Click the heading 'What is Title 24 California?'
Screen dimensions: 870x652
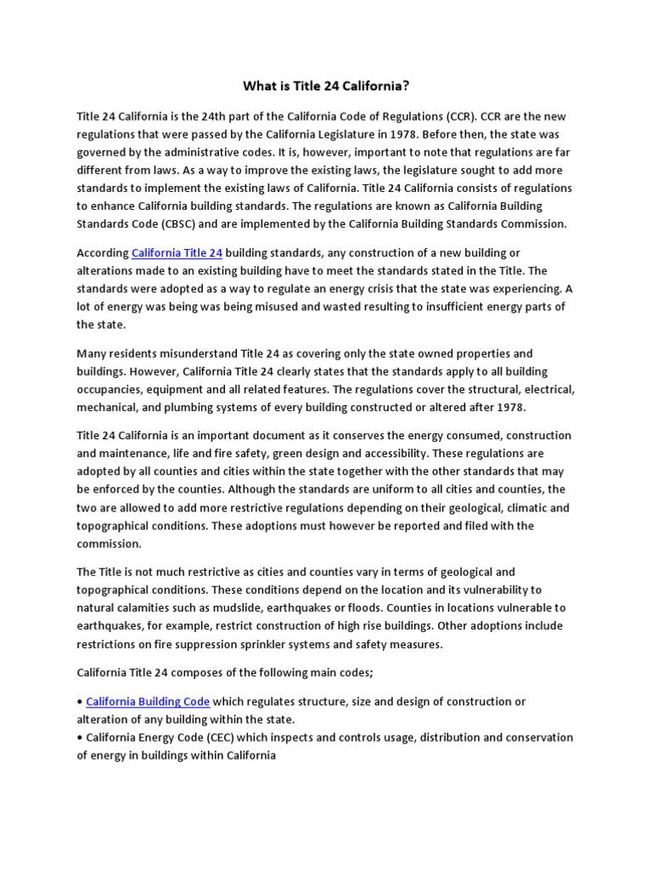[326, 85]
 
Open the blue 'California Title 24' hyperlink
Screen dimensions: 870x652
[177, 253]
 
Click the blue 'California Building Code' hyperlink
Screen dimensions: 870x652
[148, 701]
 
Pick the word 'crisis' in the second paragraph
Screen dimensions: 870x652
[380, 289]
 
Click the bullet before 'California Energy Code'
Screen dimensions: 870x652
[81, 737]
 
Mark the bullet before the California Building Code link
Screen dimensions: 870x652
[81, 701]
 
